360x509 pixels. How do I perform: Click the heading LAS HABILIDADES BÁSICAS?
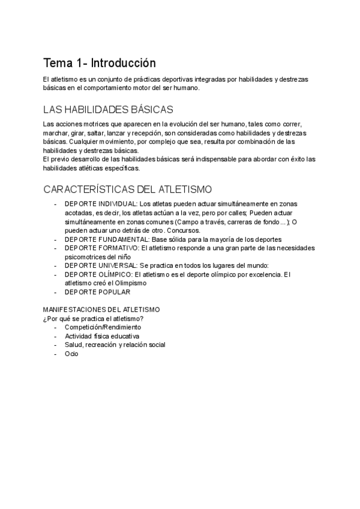click(108, 109)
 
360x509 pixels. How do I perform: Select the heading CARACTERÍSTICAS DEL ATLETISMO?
click(127, 189)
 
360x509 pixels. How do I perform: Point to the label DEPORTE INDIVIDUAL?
click(101, 203)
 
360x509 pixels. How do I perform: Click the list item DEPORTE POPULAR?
click(97, 292)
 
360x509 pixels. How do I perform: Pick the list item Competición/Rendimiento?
click(103, 327)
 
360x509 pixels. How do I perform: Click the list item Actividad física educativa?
click(101, 336)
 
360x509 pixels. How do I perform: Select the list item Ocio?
click(71, 354)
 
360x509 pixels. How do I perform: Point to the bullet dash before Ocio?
click(56, 354)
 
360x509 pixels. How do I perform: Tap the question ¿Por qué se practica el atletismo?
click(93, 318)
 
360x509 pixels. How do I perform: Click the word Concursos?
click(184, 230)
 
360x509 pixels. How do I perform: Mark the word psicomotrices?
click(85, 257)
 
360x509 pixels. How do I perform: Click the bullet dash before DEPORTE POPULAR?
click(56, 292)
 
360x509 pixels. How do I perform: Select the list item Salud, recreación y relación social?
click(115, 345)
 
